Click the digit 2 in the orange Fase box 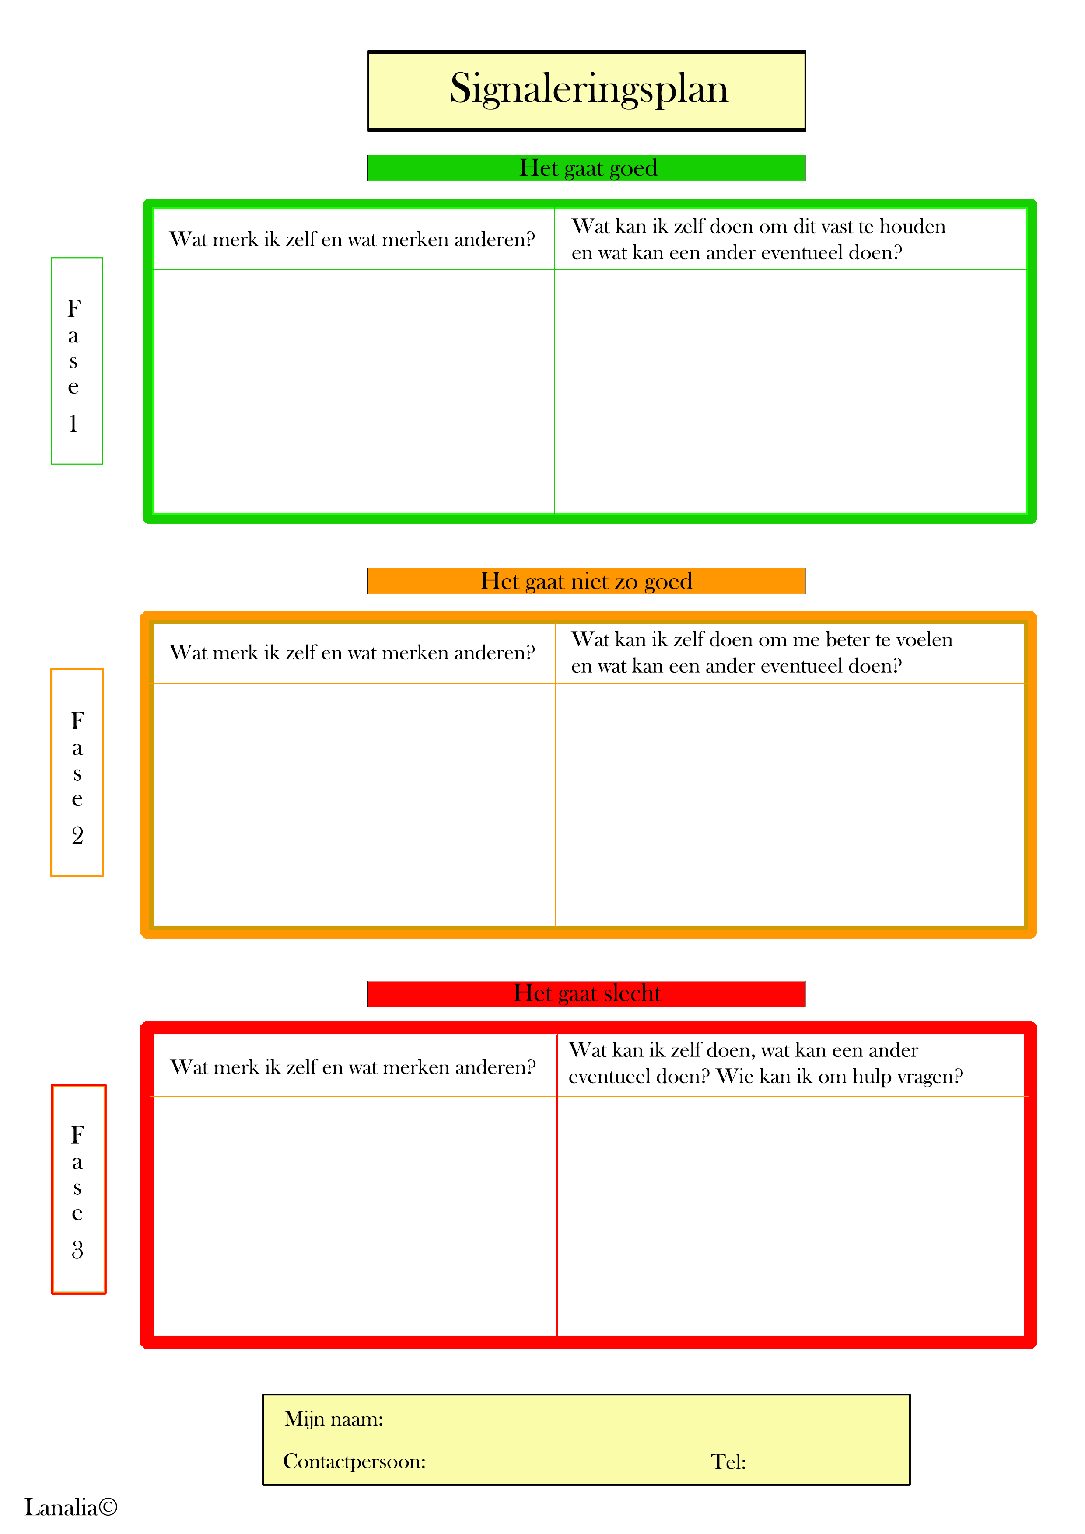(x=77, y=835)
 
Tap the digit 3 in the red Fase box (x=77, y=1249)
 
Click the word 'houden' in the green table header (x=913, y=227)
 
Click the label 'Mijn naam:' (x=333, y=1419)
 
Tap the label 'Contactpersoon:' (x=354, y=1462)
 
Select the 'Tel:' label (x=728, y=1463)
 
